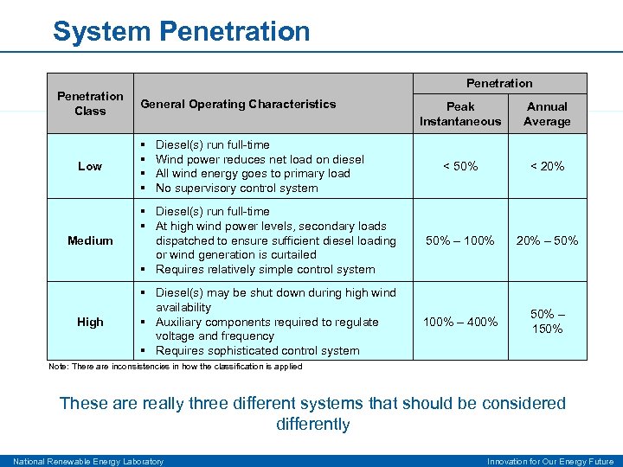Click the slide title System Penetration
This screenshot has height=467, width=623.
coord(181,31)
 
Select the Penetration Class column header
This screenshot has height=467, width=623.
coord(90,104)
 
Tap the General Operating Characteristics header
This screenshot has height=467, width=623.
coord(238,104)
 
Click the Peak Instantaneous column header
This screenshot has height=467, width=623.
coord(460,114)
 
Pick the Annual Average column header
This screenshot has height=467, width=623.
coord(547,114)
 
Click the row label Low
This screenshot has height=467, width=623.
coord(90,166)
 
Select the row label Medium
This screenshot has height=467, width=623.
coord(90,240)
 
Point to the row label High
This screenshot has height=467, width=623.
coord(90,322)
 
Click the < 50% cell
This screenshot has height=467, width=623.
coord(460,166)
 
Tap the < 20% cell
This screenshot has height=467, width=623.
coord(547,166)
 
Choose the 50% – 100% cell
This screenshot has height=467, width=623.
coord(460,240)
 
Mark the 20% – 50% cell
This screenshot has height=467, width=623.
coord(547,240)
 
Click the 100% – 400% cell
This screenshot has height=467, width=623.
coord(460,322)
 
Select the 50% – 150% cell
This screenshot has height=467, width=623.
coord(547,321)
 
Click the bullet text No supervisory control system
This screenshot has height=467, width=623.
coord(236,188)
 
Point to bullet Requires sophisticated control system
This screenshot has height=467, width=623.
coord(257,350)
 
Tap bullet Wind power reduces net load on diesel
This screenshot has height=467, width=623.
coord(260,159)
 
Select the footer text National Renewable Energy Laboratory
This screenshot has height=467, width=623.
coord(87,461)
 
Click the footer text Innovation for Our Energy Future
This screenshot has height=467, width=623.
coord(550,461)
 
